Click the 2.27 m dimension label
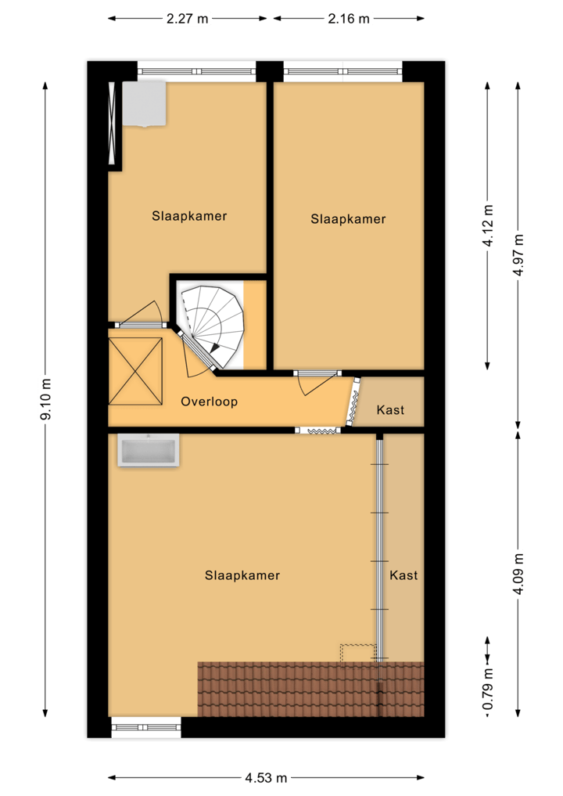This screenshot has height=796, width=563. (x=187, y=19)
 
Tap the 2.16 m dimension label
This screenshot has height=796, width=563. (x=349, y=19)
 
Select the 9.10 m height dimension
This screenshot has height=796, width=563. (x=45, y=399)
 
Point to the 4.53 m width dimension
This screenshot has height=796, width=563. (x=266, y=778)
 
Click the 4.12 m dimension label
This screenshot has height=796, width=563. (x=488, y=225)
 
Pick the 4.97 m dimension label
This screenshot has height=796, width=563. (x=517, y=255)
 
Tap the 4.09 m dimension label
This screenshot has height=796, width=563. (x=517, y=574)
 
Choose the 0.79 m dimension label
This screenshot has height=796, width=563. (x=488, y=689)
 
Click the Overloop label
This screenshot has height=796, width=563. (x=209, y=402)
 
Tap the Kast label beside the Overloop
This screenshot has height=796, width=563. (x=390, y=409)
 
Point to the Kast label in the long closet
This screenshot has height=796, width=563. (x=403, y=575)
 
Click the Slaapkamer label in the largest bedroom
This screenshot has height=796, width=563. (x=242, y=575)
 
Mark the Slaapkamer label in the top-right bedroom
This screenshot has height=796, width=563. (x=348, y=219)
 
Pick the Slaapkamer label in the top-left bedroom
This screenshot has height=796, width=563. (x=189, y=216)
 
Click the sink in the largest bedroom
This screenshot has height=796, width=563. (x=148, y=451)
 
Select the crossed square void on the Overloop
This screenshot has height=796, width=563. (x=135, y=371)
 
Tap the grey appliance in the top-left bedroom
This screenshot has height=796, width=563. (x=144, y=103)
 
